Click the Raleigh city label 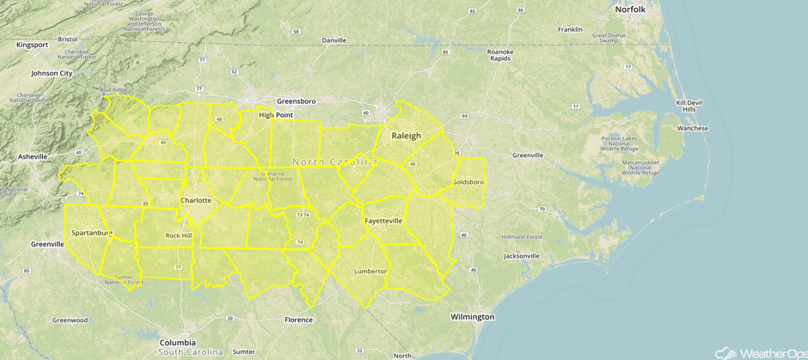tap(407, 136)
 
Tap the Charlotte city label tap(196, 200)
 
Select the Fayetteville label tap(383, 221)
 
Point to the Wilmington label tap(472, 317)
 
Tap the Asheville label tap(33, 157)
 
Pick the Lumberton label tap(371, 272)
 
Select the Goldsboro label tap(468, 182)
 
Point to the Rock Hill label tap(179, 235)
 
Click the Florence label tap(298, 320)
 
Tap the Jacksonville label tap(522, 256)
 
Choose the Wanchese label tap(693, 129)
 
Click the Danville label tap(334, 40)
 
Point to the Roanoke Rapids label tap(500, 55)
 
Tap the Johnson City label tap(52, 73)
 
